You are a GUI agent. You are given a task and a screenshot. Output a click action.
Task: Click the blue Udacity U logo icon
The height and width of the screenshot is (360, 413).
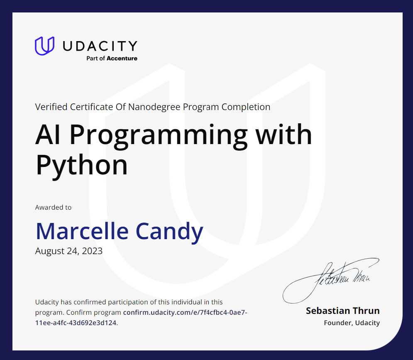[44, 46]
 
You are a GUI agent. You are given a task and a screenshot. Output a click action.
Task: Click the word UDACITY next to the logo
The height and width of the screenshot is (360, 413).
[100, 46]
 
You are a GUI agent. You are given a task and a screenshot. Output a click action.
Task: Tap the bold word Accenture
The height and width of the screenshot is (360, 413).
[122, 59]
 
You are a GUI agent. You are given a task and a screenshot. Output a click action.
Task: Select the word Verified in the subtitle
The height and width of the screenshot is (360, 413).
[51, 107]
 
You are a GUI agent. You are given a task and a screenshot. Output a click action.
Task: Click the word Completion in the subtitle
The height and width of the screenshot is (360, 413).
[246, 107]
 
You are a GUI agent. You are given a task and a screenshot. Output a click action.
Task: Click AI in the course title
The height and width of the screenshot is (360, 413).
[49, 134]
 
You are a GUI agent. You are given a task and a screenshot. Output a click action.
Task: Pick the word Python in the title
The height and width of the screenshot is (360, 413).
[81, 165]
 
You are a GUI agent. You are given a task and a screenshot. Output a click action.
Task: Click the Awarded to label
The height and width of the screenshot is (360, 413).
[53, 207]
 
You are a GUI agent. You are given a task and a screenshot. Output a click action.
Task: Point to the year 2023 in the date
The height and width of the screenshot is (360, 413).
[92, 251]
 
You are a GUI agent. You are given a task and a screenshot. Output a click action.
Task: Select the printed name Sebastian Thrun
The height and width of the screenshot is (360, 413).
[342, 311]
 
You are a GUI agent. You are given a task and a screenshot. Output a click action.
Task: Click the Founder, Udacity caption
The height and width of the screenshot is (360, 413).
[352, 323]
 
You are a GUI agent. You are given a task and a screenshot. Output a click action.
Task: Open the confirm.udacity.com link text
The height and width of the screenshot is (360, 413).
[185, 312]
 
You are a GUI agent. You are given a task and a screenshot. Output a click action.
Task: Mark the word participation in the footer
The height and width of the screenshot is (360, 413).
[126, 302]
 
